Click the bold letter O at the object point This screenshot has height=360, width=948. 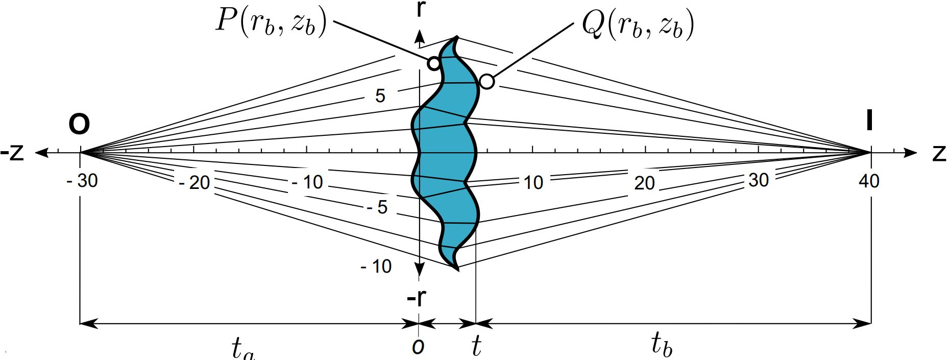click(x=79, y=124)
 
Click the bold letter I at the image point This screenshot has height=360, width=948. click(x=869, y=121)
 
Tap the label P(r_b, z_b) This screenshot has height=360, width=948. click(x=271, y=22)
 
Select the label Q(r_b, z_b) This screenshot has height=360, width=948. click(x=638, y=25)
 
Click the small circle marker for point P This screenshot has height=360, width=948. click(x=433, y=64)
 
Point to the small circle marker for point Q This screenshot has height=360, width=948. click(x=487, y=82)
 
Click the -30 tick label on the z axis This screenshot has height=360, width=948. click(x=82, y=180)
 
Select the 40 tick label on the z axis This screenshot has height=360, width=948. click(x=869, y=181)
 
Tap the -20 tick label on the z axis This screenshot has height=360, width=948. click(x=195, y=182)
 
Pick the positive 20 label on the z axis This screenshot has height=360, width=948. click(x=644, y=183)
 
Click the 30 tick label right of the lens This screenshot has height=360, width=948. click(x=759, y=180)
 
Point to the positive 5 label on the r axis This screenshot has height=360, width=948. click(x=380, y=95)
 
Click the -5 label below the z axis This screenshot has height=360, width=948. click(x=377, y=207)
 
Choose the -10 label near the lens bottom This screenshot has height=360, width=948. click(x=376, y=266)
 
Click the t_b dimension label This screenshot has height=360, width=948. click(x=662, y=343)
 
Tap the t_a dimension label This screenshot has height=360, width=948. click(x=242, y=348)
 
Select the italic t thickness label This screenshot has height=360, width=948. click(x=476, y=346)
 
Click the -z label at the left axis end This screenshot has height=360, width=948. click(x=12, y=152)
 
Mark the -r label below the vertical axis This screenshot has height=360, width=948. click(x=417, y=298)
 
